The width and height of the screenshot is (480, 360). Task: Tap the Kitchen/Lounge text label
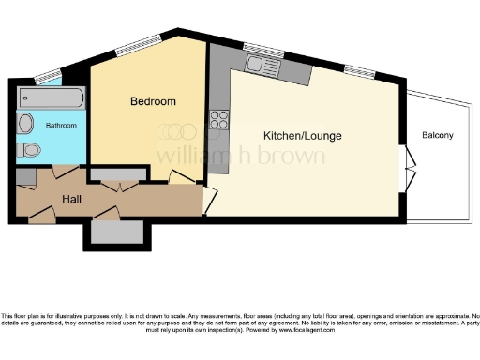click(x=302, y=136)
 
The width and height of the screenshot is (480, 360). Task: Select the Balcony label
click(x=437, y=136)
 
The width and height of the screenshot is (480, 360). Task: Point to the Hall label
click(x=71, y=200)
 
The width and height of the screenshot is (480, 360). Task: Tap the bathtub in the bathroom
click(x=52, y=97)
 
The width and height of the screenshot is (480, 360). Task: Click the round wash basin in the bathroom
click(x=26, y=123)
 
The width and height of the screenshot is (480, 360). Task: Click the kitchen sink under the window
click(x=258, y=65)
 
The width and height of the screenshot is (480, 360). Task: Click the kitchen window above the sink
click(x=255, y=47)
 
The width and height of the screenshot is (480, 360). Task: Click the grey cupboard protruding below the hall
click(x=115, y=231)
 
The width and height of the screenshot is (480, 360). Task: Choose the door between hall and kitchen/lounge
click(x=211, y=200)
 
